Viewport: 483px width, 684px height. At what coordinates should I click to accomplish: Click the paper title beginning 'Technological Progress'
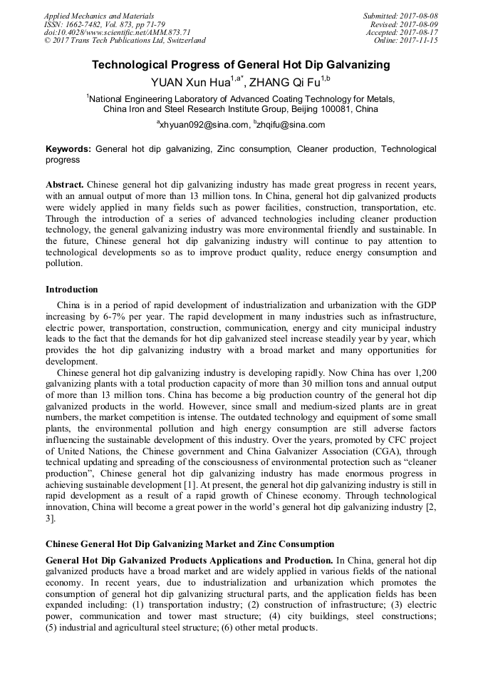pos(241,65)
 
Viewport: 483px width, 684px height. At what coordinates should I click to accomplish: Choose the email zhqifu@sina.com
pos(292,125)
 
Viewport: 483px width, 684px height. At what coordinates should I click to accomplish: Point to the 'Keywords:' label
pos(68,149)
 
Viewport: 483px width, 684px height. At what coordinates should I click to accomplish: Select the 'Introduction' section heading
pos(72,290)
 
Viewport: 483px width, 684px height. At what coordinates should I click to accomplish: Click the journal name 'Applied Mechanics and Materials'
pos(99,16)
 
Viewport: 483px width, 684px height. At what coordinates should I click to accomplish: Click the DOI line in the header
pos(118,33)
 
